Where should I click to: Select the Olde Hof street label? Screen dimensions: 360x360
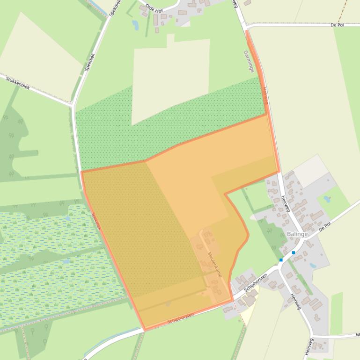pyautogui.click(x=154, y=8)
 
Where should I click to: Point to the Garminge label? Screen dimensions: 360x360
pyautogui.click(x=249, y=61)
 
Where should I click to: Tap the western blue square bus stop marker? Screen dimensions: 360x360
pyautogui.click(x=281, y=260)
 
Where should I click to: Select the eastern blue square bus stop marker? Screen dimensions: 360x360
pyautogui.click(x=294, y=252)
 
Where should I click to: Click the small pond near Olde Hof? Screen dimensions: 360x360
pyautogui.click(x=135, y=24)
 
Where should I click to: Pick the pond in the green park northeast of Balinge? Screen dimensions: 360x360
pyautogui.click(x=327, y=199)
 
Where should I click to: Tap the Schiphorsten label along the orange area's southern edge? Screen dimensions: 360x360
pyautogui.click(x=181, y=319)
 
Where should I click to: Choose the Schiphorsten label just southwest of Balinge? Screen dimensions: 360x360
pyautogui.click(x=255, y=283)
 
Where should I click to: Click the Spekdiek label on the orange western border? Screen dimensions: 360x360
pyautogui.click(x=96, y=221)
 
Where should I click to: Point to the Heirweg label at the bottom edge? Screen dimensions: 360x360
pyautogui.click(x=308, y=346)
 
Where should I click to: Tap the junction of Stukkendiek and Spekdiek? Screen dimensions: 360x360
pyautogui.click(x=73, y=105)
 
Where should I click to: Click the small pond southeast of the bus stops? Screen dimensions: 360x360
pyautogui.click(x=312, y=265)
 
